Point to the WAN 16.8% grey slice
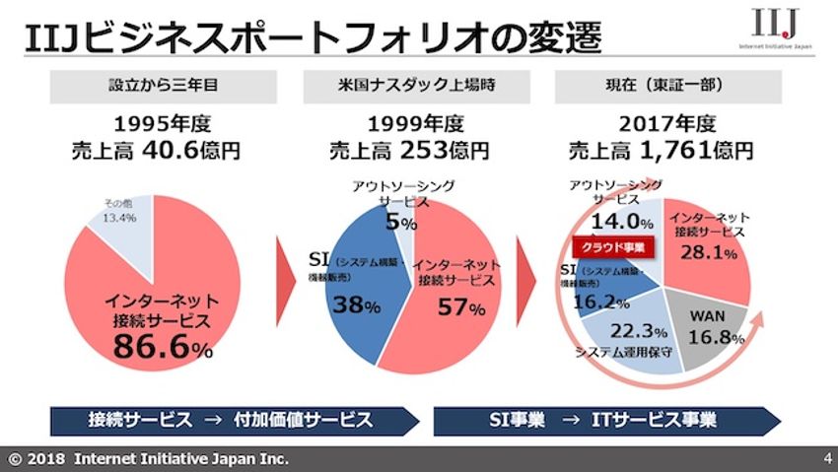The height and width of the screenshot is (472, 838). click(722, 328)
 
